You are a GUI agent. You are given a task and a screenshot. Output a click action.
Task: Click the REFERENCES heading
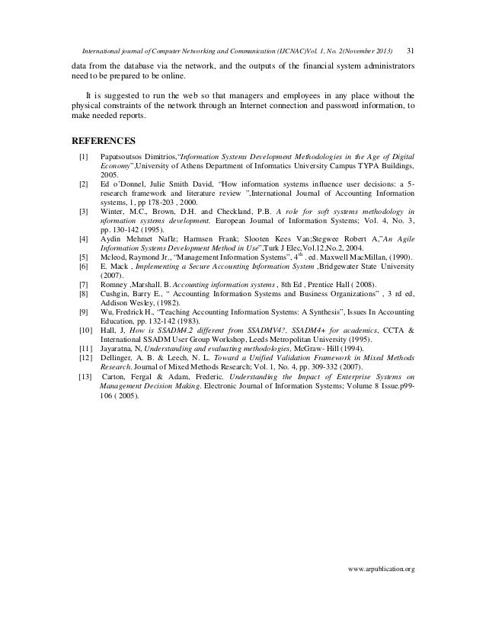tap(103, 140)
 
